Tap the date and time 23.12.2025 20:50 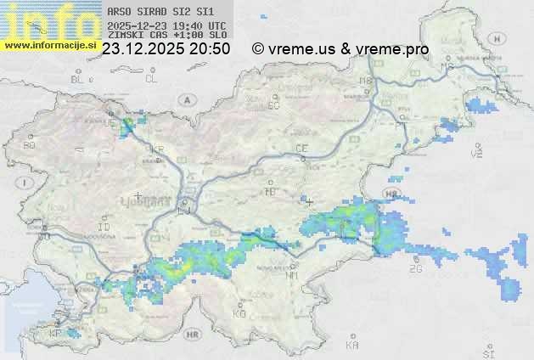[166, 49]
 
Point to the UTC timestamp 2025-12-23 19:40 [166, 26]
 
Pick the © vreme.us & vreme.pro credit [340, 49]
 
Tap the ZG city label [415, 268]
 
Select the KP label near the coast [56, 334]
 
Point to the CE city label [301, 149]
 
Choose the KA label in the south [352, 346]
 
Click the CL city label [151, 79]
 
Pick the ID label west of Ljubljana [104, 228]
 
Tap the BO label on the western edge [30, 145]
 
